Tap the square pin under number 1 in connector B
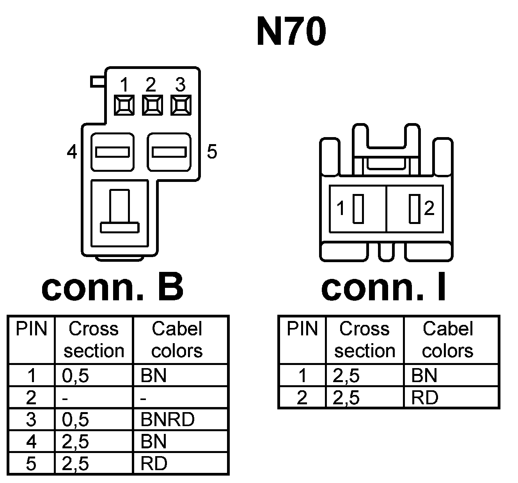click(124, 105)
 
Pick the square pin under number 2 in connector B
click(152, 105)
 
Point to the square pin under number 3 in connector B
click(181, 105)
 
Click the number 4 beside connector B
click(72, 152)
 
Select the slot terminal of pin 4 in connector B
click(112, 152)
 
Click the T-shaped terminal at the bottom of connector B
click(119, 212)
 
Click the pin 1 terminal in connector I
click(358, 209)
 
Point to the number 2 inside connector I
click(429, 209)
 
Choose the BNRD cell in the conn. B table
click(167, 420)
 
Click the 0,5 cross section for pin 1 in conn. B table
click(75, 375)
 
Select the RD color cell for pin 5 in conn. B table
click(154, 464)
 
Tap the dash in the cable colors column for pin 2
click(144, 398)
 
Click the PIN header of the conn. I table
click(302, 329)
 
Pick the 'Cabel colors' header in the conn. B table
click(177, 340)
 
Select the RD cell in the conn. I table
click(425, 398)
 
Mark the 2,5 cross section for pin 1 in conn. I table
click(346, 375)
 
